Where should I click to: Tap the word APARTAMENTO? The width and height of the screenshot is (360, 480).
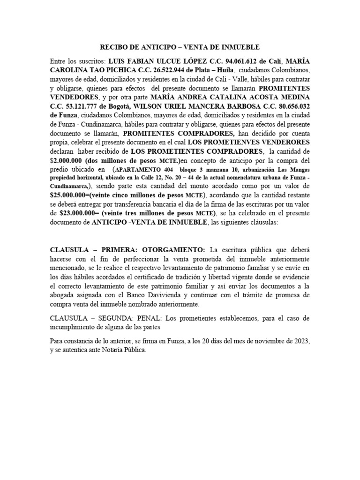(x=137, y=169)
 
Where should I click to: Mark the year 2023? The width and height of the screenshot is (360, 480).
(x=300, y=341)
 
